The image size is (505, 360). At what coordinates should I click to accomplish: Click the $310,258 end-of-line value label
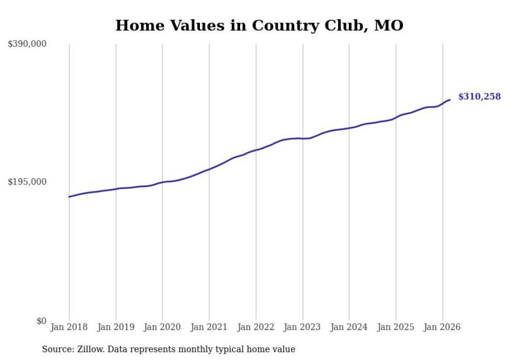[x=479, y=96]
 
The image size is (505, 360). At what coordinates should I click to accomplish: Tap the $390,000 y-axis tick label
[x=27, y=44]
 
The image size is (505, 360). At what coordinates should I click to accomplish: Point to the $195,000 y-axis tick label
[x=27, y=182]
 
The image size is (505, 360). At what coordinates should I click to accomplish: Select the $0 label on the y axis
[x=41, y=321]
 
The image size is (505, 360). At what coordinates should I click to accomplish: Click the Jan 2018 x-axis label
[x=69, y=327]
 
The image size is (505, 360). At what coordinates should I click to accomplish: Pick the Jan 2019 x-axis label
[x=116, y=327]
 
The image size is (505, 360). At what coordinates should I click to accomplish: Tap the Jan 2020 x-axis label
[x=162, y=327]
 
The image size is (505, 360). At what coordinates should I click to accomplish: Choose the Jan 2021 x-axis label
[x=209, y=327]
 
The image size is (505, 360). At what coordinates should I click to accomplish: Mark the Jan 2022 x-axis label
[x=256, y=327]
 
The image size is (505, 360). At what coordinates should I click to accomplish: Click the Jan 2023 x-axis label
[x=302, y=327]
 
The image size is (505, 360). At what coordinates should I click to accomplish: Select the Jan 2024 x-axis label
[x=349, y=327]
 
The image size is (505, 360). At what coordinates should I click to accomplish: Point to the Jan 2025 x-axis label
[x=396, y=327]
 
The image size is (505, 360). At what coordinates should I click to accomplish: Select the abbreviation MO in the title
[x=389, y=25]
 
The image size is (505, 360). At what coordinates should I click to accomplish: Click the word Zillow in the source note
[x=90, y=349]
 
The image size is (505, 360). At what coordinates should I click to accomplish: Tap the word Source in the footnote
[x=56, y=349]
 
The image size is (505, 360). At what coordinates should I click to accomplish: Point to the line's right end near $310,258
[x=450, y=99]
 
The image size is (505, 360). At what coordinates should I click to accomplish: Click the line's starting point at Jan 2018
[x=69, y=197]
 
